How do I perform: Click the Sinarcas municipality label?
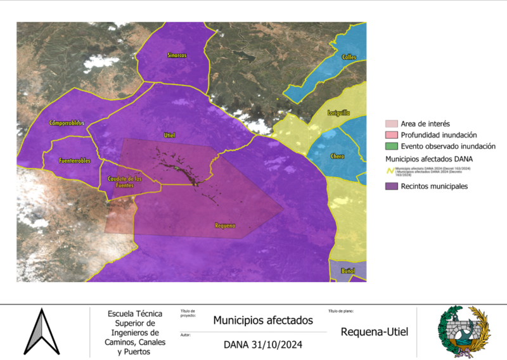(x=177, y=55)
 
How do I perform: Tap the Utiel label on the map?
(x=169, y=135)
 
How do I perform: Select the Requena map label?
(x=225, y=226)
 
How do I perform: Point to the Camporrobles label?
(x=67, y=122)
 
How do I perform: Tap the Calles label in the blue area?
(x=349, y=57)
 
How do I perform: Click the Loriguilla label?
(x=338, y=113)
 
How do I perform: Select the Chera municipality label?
(x=337, y=156)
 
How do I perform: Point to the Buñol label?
(x=348, y=271)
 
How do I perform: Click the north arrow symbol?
(x=41, y=331)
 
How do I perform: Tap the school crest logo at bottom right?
(x=464, y=331)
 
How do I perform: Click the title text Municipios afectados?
(x=262, y=321)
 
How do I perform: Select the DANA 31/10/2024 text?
(x=262, y=345)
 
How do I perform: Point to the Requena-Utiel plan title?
(x=374, y=331)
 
